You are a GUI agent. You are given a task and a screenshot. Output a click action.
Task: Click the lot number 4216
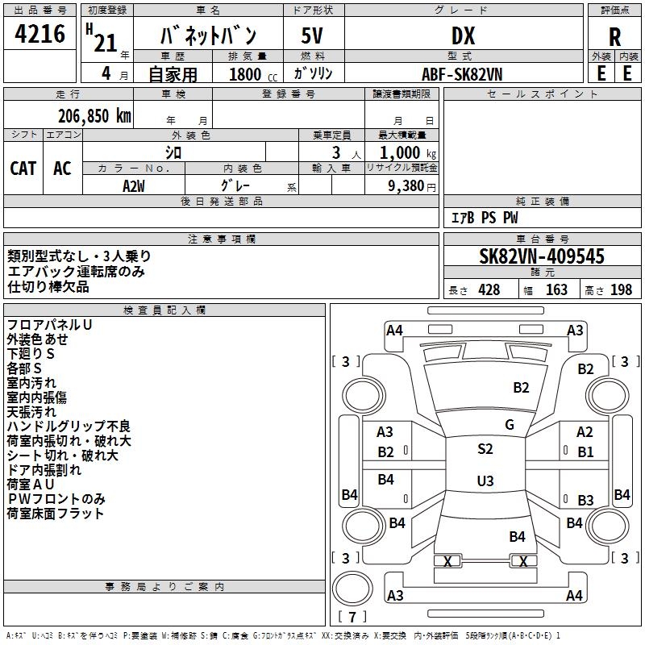pyautogui.click(x=40, y=35)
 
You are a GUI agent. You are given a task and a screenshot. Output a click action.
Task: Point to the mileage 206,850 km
pyautogui.click(x=94, y=115)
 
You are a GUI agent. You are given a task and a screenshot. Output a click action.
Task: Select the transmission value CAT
pyautogui.click(x=23, y=168)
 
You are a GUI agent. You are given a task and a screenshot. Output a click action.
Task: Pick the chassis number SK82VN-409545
pyautogui.click(x=542, y=256)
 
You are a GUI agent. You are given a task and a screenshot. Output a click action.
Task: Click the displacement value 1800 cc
pyautogui.click(x=250, y=74)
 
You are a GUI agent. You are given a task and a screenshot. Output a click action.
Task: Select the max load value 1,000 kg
pyautogui.click(x=403, y=152)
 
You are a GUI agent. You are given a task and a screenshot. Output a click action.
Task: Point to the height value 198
pyautogui.click(x=622, y=289)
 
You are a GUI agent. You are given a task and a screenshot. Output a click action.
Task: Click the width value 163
pyautogui.click(x=556, y=289)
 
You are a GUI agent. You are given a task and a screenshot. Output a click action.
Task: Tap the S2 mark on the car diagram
pyautogui.click(x=485, y=449)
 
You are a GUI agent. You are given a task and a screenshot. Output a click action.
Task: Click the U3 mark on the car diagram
pyautogui.click(x=485, y=481)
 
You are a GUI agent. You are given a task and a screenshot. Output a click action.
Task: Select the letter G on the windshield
pyautogui.click(x=509, y=424)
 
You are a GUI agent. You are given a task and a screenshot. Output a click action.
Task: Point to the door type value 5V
pyautogui.click(x=313, y=35)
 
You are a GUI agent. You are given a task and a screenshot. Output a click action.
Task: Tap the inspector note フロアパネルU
pyautogui.click(x=49, y=324)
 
